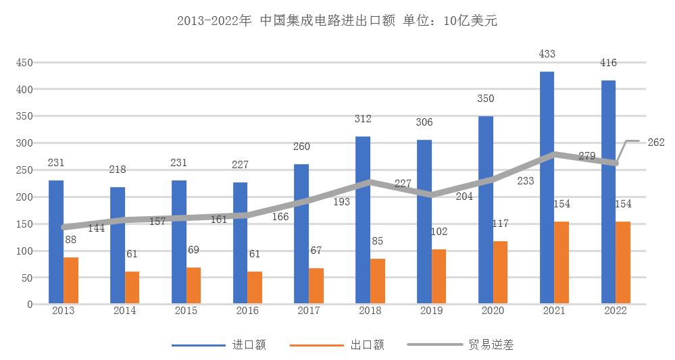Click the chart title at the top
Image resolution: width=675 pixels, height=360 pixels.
click(x=336, y=21)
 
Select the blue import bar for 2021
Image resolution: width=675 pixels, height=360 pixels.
click(x=547, y=188)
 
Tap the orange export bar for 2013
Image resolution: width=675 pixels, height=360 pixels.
click(x=71, y=280)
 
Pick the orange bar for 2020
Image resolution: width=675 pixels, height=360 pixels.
click(x=500, y=272)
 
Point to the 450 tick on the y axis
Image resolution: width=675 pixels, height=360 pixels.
click(x=25, y=62)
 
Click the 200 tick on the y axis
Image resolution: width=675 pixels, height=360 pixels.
click(x=25, y=197)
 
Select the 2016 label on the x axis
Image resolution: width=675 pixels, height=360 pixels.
click(x=247, y=311)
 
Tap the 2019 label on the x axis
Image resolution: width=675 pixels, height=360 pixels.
click(x=431, y=311)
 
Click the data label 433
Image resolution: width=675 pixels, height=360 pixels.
click(x=547, y=53)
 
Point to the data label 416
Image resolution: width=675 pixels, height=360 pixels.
click(x=608, y=63)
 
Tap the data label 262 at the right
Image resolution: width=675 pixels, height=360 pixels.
click(x=656, y=142)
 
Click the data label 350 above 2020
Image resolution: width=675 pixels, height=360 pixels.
click(x=485, y=99)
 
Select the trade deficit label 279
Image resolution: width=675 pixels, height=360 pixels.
click(x=587, y=156)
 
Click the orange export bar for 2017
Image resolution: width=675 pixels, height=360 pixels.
click(x=316, y=286)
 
